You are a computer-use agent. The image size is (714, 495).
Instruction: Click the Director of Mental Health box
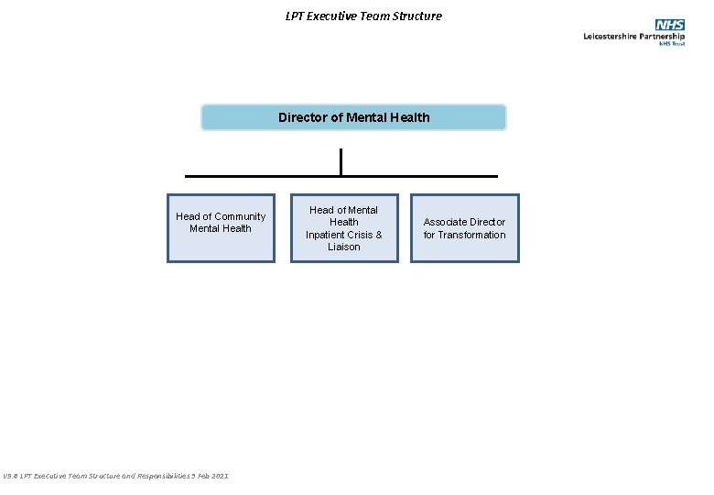[x=353, y=117]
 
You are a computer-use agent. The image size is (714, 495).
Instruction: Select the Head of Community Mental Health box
[x=221, y=228]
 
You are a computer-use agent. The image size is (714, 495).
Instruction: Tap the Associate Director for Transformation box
[x=464, y=228]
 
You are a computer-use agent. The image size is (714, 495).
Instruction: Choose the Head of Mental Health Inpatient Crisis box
[x=344, y=228]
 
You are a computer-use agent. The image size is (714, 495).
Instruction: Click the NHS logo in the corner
[x=670, y=25]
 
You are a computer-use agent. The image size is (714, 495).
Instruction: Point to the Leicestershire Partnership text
[x=633, y=37]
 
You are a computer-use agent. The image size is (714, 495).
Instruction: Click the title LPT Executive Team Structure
[x=363, y=16]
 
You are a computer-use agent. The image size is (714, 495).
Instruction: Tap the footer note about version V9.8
[x=115, y=476]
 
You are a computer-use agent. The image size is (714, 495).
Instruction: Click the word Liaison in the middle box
[x=344, y=247]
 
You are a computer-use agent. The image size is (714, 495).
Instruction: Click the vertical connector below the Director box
[x=341, y=161]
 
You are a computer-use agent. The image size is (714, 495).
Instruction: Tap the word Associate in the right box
[x=444, y=222]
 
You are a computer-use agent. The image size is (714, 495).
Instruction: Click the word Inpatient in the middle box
[x=325, y=235]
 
